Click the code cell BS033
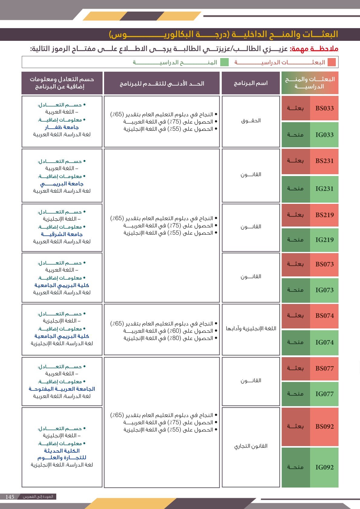[x=324, y=108]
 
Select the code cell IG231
[x=324, y=189]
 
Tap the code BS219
[x=324, y=215]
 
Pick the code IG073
[x=324, y=290]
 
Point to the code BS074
[x=324, y=316]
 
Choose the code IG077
[x=324, y=394]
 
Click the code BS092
[x=324, y=427]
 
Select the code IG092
[x=324, y=467]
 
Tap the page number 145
[x=10, y=497]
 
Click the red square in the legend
[x=332, y=62]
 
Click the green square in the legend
[x=224, y=62]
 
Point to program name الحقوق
[x=251, y=121]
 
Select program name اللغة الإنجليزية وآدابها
[x=251, y=328]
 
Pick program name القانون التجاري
[x=251, y=446]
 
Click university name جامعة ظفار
[x=62, y=127]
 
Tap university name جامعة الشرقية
[x=62, y=234]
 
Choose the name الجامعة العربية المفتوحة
[x=62, y=389]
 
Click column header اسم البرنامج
[x=251, y=83]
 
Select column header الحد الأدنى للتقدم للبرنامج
[x=162, y=83]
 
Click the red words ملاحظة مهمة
[x=314, y=49]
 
